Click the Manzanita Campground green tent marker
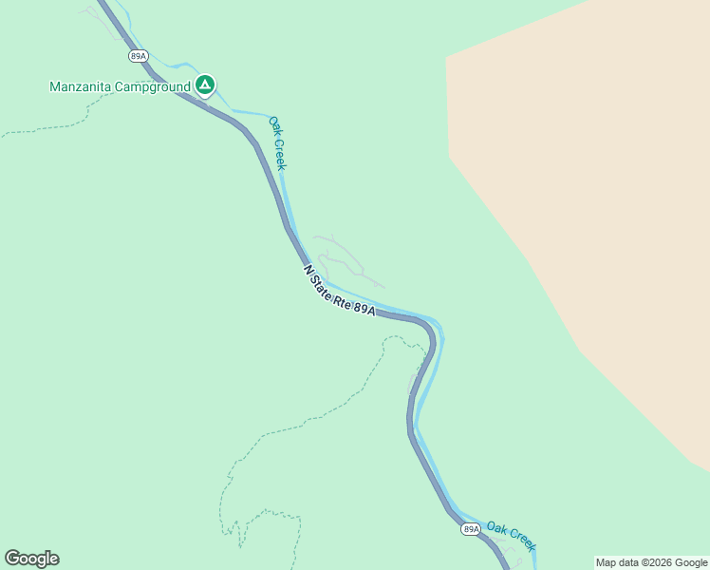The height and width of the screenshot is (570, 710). pos(204,85)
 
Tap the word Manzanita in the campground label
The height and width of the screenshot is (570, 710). pos(81,86)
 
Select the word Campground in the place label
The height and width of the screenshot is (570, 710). pos(153,86)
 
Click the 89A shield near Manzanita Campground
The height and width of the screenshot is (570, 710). pos(139,57)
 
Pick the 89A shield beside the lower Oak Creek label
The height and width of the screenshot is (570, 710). pos(471,528)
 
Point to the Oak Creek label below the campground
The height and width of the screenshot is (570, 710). pos(277,142)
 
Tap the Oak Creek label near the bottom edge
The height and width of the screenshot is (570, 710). pos(512,535)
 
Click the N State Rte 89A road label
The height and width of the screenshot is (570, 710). pos(340,291)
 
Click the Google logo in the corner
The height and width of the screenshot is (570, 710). pos(31,559)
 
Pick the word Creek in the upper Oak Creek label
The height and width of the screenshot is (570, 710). pos(281,155)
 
